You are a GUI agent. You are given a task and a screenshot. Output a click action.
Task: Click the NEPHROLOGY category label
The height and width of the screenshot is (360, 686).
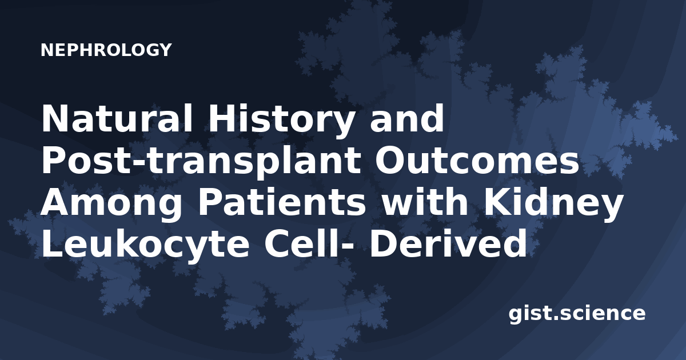tap(106, 50)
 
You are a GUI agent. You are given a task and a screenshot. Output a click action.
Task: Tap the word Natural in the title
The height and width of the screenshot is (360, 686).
tap(117, 118)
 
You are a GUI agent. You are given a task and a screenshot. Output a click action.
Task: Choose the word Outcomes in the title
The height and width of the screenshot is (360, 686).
tap(477, 160)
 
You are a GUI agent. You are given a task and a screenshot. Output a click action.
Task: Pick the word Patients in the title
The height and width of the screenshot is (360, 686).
tap(281, 202)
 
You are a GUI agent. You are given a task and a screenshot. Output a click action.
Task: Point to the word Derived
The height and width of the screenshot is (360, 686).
tap(448, 244)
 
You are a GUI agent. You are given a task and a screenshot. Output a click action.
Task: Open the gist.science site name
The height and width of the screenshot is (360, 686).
tap(577, 314)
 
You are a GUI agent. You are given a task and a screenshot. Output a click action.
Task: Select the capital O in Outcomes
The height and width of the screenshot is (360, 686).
tap(391, 160)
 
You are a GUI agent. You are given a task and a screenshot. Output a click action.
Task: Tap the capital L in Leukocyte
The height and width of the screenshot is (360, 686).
tap(53, 245)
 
